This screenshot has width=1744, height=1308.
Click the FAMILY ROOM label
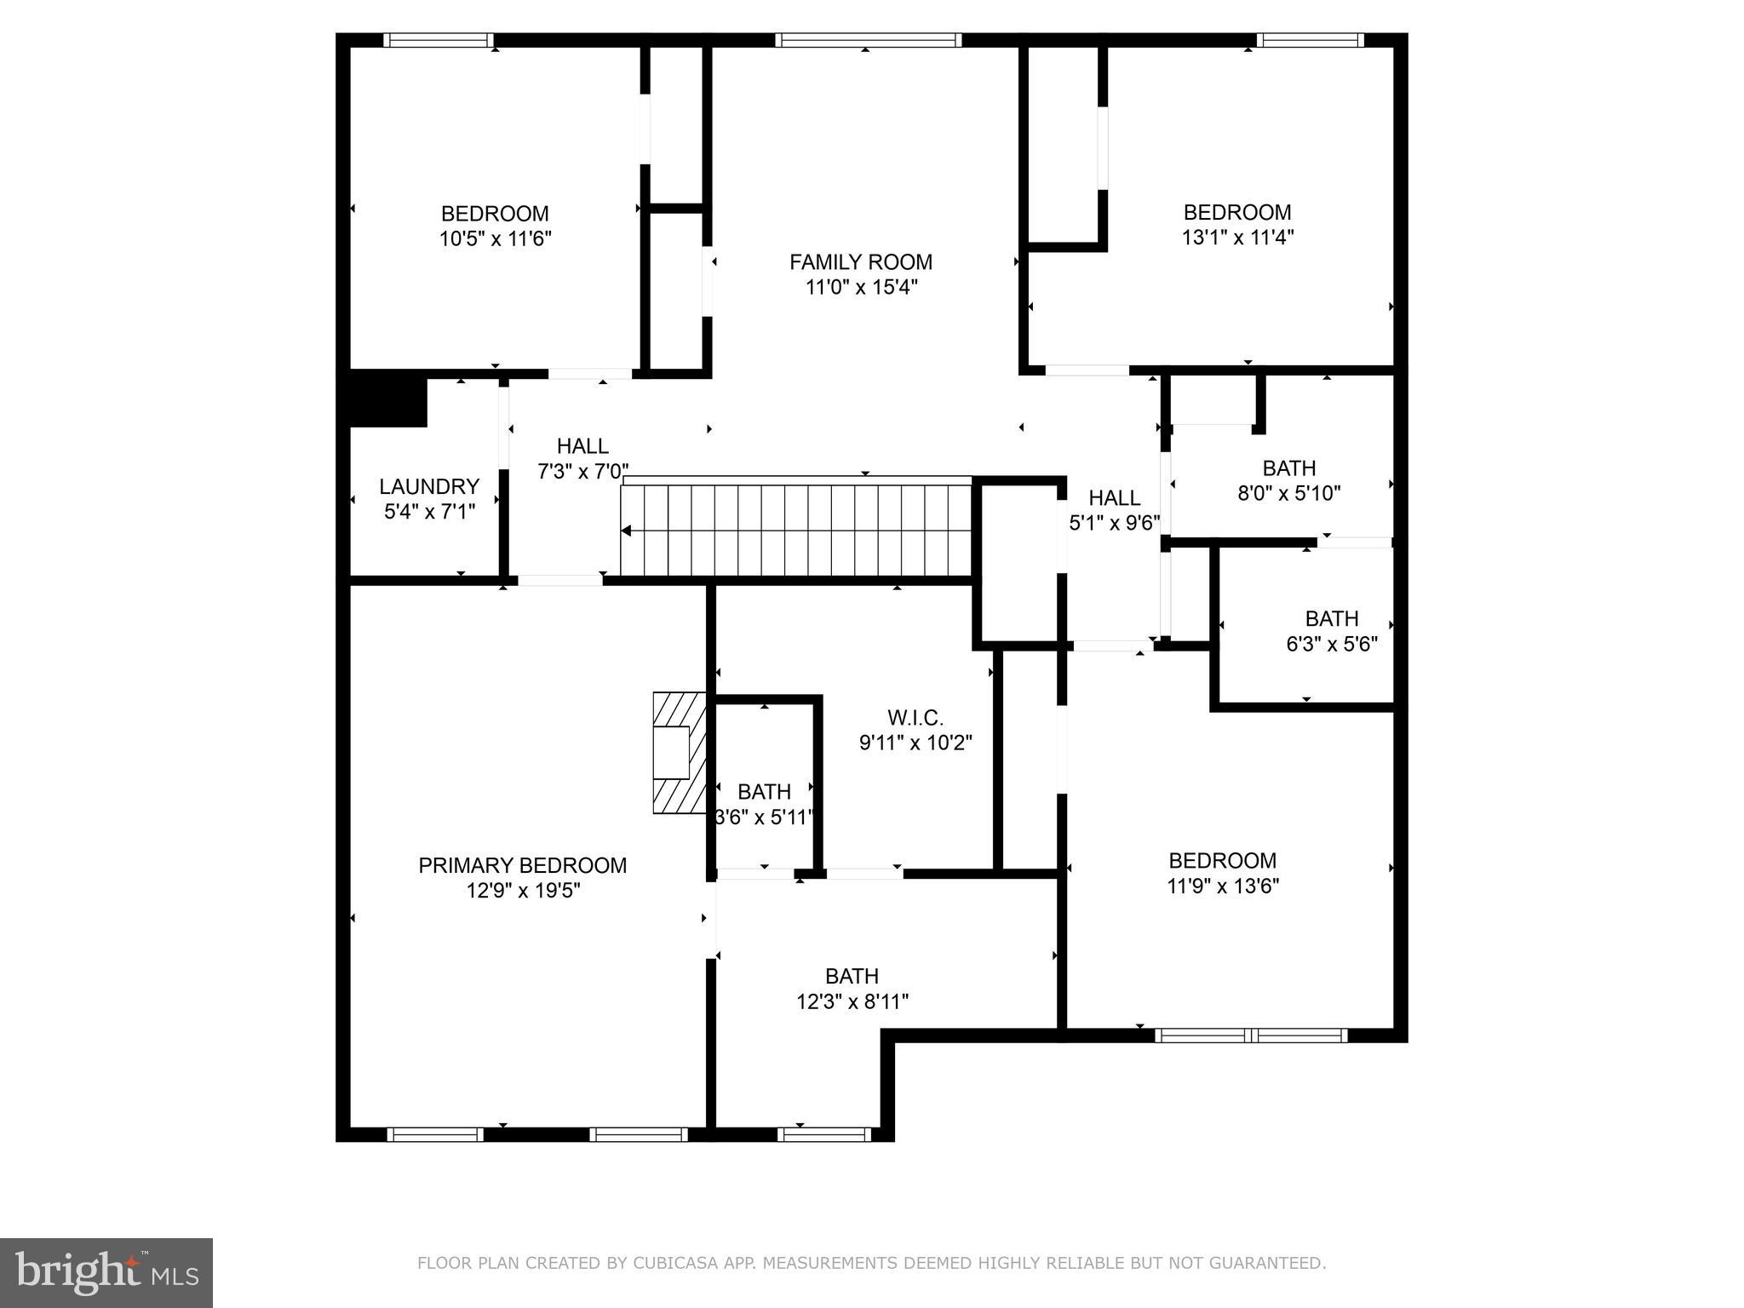coord(861,262)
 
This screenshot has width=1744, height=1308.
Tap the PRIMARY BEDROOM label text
coord(522,865)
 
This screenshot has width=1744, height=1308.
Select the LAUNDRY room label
coord(429,486)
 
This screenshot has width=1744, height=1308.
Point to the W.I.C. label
coord(915,718)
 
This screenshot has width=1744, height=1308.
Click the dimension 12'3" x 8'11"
coord(852,1001)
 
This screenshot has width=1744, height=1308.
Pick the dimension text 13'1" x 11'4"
coord(1237,238)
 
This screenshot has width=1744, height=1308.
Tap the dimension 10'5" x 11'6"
coord(495,238)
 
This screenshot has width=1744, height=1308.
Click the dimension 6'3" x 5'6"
coord(1331,644)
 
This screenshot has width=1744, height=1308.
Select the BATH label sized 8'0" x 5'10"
coord(1288,468)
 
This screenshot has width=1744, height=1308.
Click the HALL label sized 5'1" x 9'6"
coord(1114,497)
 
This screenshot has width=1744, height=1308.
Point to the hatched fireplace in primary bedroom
coord(680,753)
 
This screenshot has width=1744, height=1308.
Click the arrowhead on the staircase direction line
coord(627,531)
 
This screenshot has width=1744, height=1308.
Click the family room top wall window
coord(868,40)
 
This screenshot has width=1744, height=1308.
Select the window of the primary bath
coord(823,1134)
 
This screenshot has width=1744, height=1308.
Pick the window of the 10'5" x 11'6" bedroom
coord(438,40)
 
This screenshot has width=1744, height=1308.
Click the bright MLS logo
coord(106,1272)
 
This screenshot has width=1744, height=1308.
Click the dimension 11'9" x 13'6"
coord(1222,886)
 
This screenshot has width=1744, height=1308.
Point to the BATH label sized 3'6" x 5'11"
coord(764,792)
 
